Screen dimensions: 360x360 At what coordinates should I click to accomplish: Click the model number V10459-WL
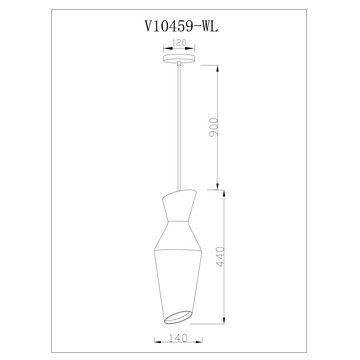click(x=179, y=30)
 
